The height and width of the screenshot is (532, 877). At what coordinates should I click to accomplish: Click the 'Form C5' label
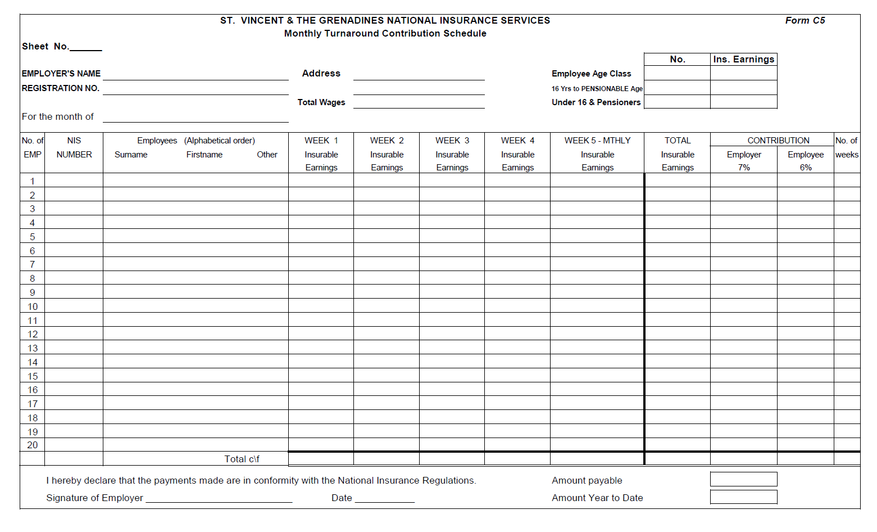805,21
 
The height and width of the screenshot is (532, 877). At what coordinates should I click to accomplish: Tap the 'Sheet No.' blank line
85,47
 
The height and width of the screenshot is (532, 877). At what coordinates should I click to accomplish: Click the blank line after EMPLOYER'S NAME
196,75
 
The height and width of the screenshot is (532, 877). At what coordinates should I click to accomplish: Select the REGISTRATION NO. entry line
196,89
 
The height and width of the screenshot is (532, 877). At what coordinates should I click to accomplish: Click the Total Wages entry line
419,103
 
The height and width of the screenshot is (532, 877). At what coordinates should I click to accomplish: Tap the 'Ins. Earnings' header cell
743,60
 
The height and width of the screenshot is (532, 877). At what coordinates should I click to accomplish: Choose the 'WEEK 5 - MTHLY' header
597,141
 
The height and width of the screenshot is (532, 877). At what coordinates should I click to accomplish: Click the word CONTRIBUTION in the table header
778,141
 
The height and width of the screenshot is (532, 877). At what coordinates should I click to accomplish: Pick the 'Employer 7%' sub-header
744,161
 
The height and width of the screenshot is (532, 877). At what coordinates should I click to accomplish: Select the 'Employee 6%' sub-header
805,161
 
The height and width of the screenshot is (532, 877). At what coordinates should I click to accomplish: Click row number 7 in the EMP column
33,264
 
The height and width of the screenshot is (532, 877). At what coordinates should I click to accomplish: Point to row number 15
33,376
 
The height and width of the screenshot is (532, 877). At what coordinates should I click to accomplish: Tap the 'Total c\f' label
242,459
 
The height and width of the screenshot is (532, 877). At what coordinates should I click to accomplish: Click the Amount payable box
743,479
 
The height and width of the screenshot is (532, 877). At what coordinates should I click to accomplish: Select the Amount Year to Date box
743,497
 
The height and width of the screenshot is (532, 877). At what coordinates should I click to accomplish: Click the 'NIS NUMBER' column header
74,147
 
